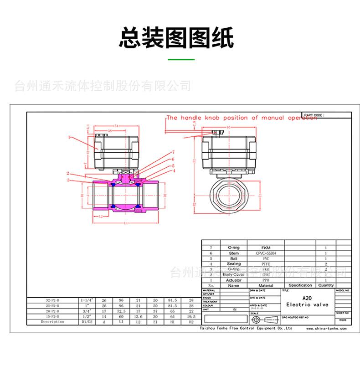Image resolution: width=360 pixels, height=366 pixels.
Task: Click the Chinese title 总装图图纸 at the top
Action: coord(176,38)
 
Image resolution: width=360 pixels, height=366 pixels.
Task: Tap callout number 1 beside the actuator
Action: coord(69,137)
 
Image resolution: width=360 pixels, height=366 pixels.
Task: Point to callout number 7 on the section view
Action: coord(173,152)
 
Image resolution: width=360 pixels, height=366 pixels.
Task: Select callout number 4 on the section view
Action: coord(173,172)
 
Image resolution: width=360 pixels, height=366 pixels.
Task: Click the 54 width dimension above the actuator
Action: coord(116,125)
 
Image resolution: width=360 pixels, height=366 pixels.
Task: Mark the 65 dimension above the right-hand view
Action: coord(229,127)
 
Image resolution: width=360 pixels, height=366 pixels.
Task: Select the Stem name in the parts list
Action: coord(233,253)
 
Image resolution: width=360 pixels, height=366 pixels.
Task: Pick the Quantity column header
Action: coord(326,285)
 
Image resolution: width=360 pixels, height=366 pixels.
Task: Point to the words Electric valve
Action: coord(308,304)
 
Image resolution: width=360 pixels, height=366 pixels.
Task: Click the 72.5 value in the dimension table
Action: coord(121,311)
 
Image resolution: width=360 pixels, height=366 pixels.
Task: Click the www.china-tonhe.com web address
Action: coord(326,328)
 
